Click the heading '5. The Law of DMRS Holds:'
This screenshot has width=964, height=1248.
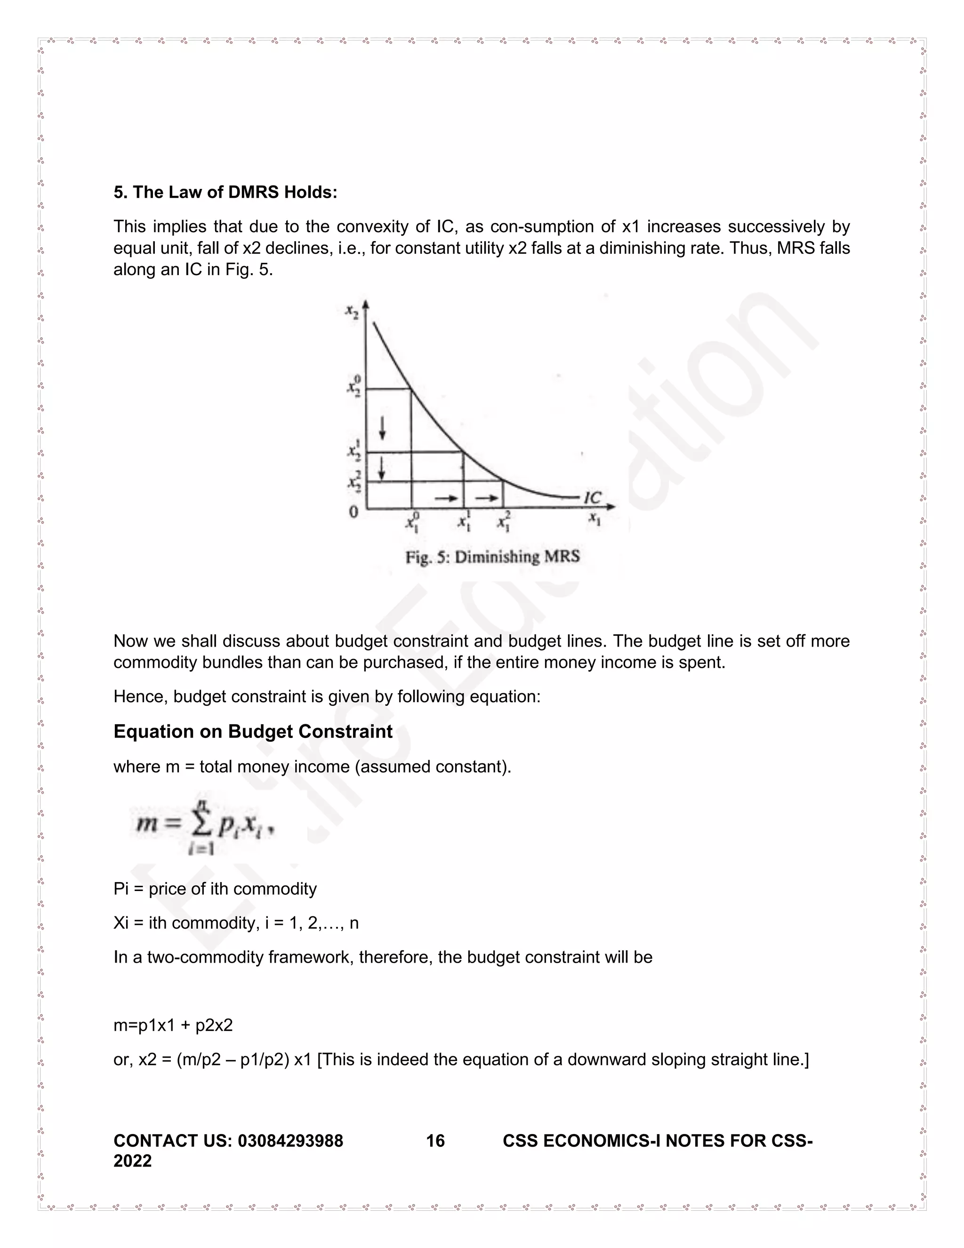pyautogui.click(x=225, y=193)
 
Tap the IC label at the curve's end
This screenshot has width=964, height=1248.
pyautogui.click(x=592, y=497)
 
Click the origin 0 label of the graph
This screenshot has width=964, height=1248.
pyautogui.click(x=354, y=512)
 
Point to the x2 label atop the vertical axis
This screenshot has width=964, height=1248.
pyautogui.click(x=352, y=311)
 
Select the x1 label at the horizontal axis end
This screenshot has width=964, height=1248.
pyautogui.click(x=595, y=519)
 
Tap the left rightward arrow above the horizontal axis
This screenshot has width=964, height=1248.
pyautogui.click(x=446, y=498)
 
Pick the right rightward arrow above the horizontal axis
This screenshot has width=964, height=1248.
pyautogui.click(x=487, y=498)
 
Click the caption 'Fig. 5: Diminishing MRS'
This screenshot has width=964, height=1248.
pyautogui.click(x=492, y=557)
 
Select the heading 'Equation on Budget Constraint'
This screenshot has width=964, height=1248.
pyautogui.click(x=253, y=731)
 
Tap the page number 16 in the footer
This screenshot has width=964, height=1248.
pyautogui.click(x=435, y=1141)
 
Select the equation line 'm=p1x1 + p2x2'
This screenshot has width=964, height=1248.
pyautogui.click(x=173, y=1025)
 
